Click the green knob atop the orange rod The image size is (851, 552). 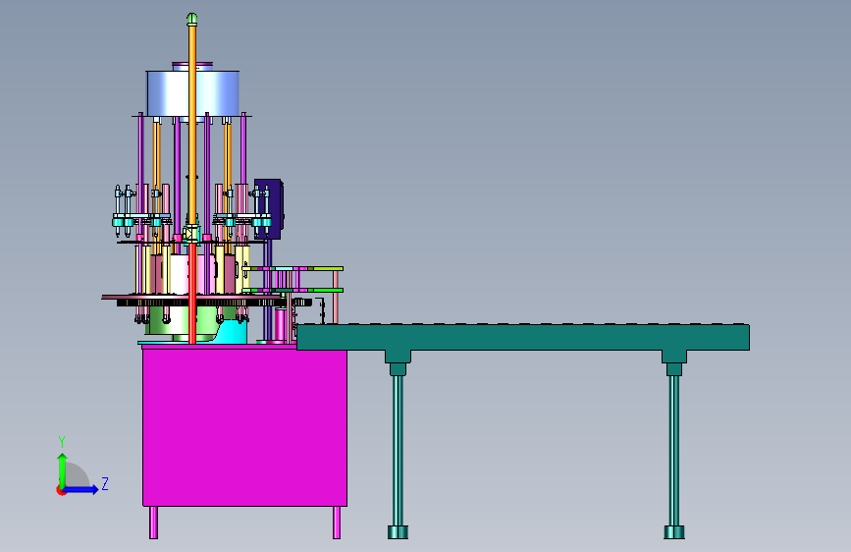click(x=191, y=20)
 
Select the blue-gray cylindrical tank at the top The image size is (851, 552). click(x=193, y=92)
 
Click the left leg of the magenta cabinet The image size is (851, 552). click(x=153, y=523)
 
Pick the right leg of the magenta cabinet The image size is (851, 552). click(x=337, y=523)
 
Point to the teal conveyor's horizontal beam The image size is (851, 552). click(x=523, y=338)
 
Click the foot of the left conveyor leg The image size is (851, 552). click(x=398, y=532)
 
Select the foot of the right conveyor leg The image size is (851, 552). click(x=674, y=532)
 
